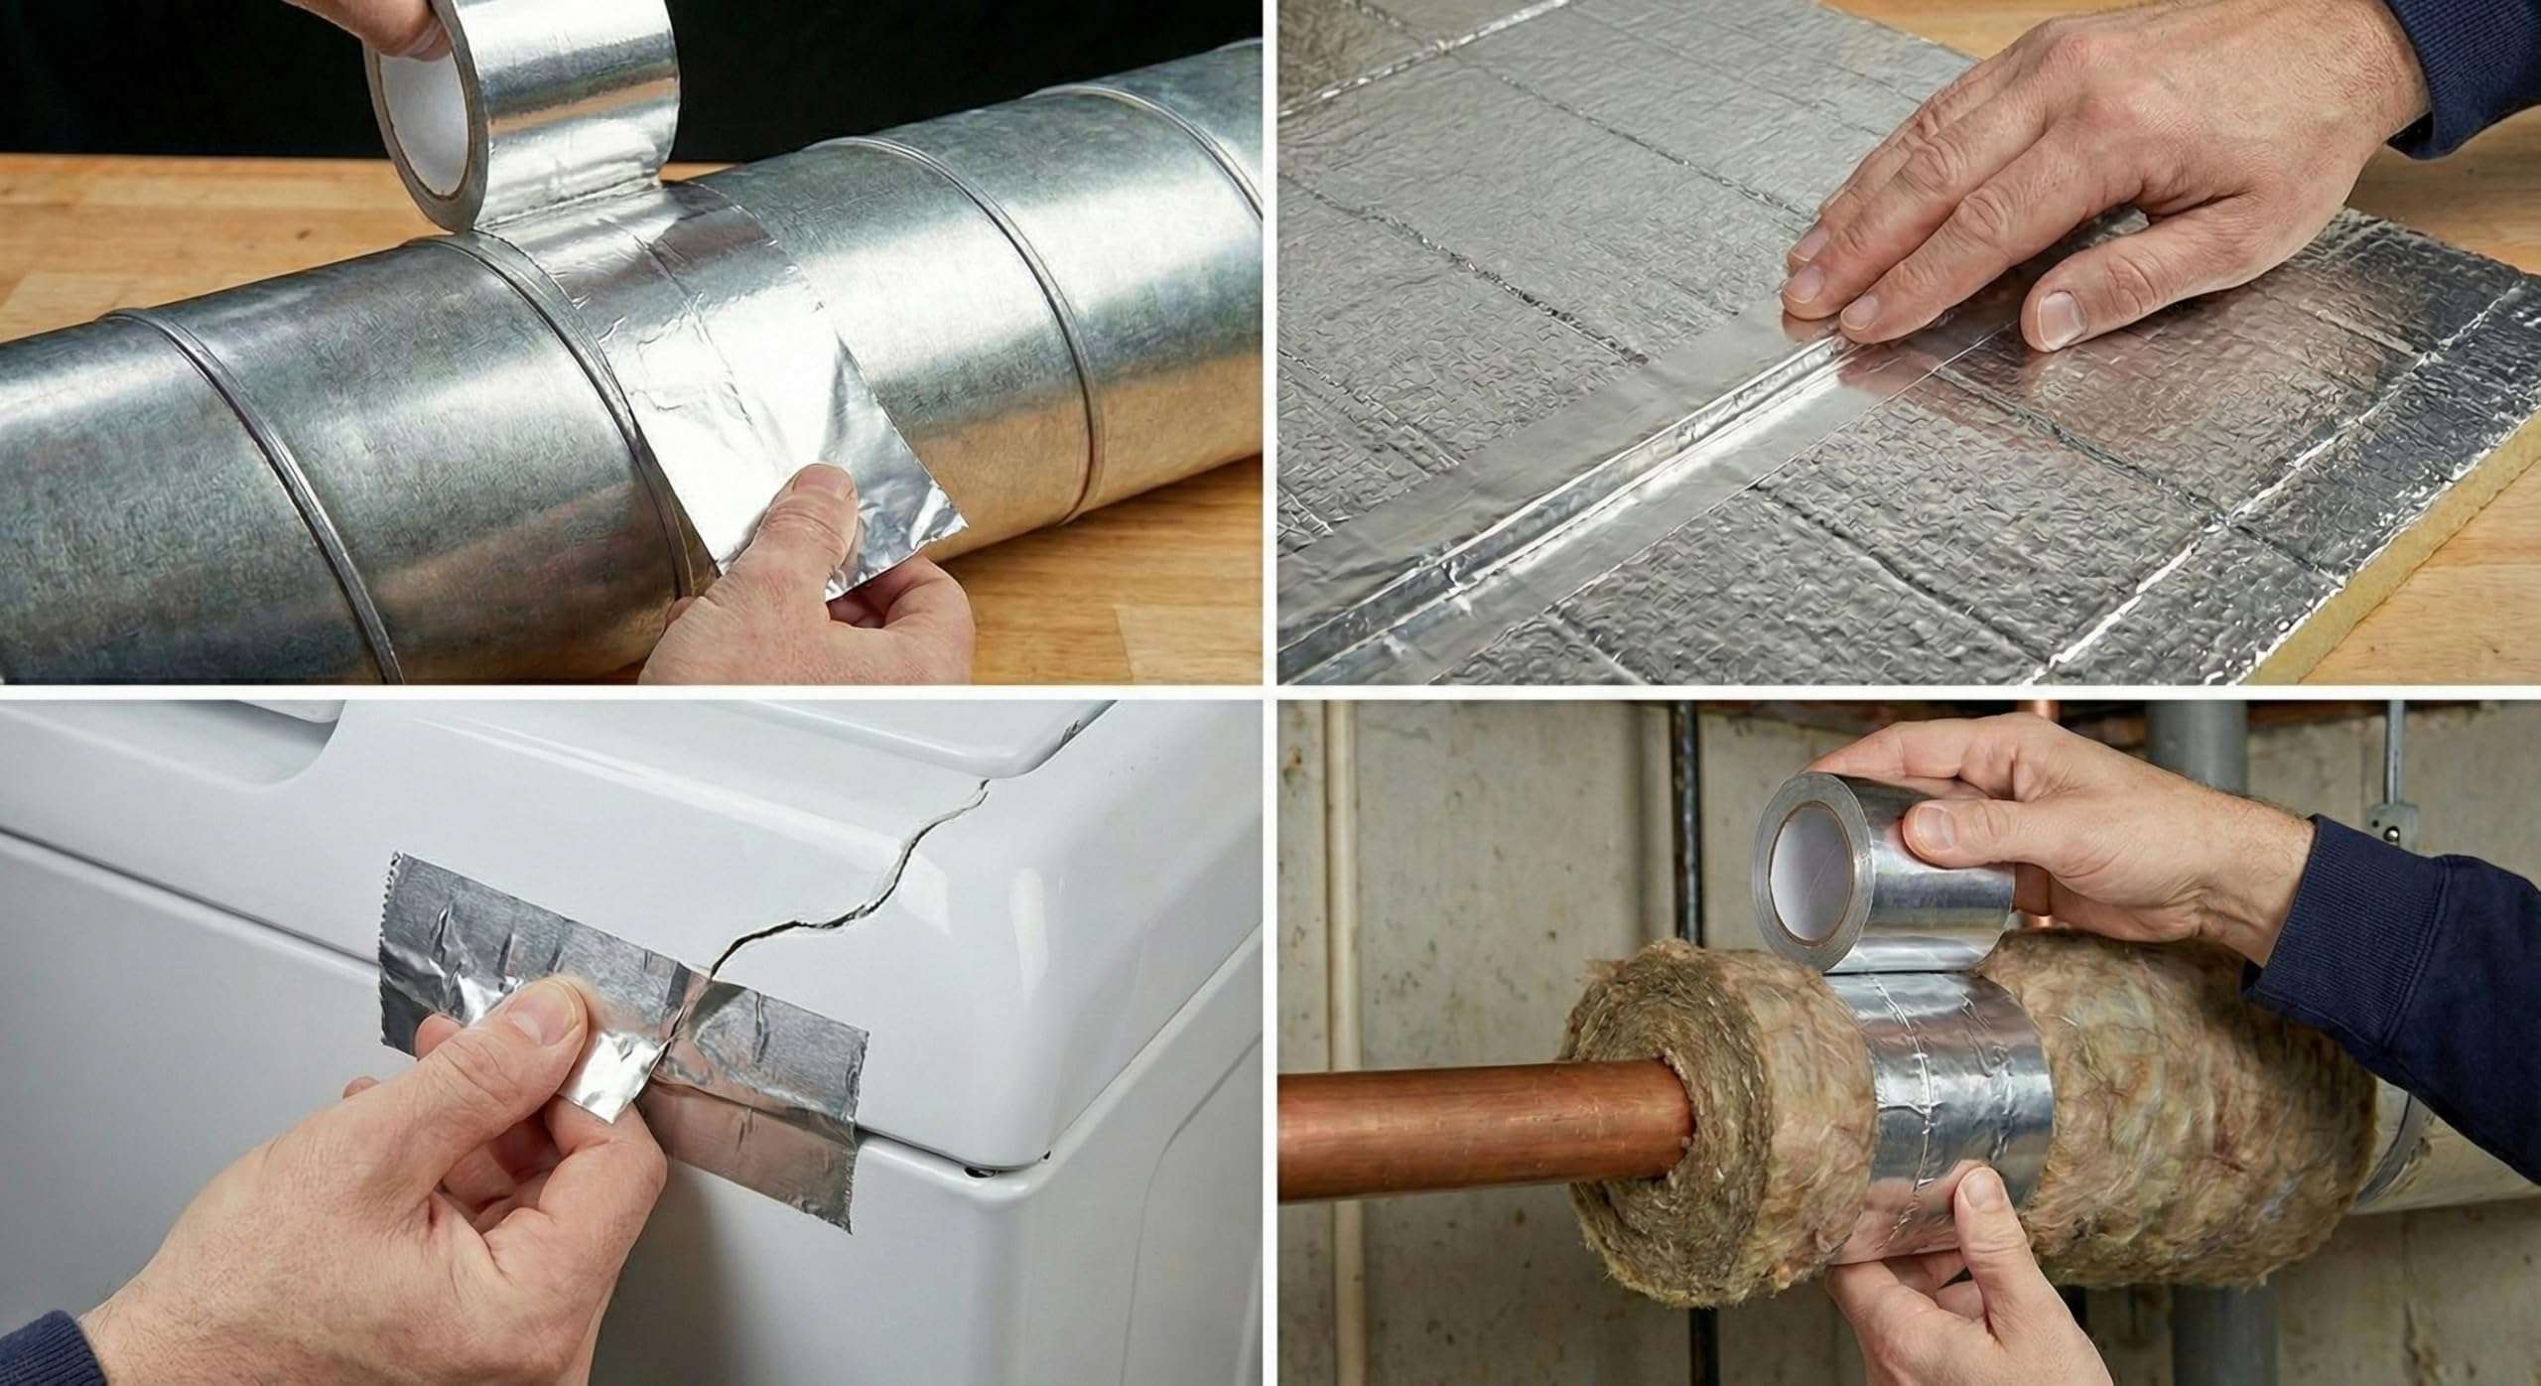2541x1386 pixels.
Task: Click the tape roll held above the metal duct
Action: tap(516, 109)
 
